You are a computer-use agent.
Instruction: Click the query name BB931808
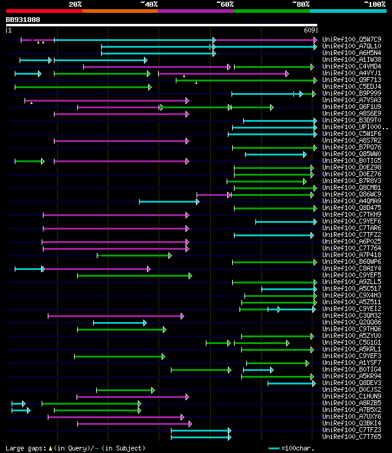23,20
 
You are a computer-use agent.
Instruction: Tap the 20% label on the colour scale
75,4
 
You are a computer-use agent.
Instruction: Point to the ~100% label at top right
374,4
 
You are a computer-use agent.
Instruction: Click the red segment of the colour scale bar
43,10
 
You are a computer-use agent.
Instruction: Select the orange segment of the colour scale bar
119,10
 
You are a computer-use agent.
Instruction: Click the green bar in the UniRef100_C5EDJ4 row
83,87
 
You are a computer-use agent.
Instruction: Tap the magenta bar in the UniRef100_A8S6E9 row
121,114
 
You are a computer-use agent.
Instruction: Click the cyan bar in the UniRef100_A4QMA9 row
168,201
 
